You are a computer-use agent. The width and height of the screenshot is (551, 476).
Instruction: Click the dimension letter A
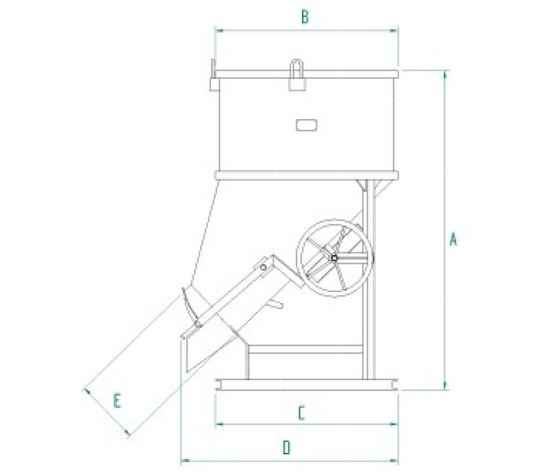coord(454,239)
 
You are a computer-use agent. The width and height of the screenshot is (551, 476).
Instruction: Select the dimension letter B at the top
coord(305,17)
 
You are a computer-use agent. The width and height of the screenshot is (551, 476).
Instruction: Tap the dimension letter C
coord(301,413)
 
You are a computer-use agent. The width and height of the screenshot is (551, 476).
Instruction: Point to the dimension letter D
coord(287,448)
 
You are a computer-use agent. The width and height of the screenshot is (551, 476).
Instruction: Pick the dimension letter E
coord(117,401)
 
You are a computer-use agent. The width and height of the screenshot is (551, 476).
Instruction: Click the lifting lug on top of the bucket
coord(297,75)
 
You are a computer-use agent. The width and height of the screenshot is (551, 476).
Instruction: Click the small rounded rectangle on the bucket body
coord(306,125)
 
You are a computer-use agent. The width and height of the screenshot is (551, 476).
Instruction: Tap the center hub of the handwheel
coord(334,258)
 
